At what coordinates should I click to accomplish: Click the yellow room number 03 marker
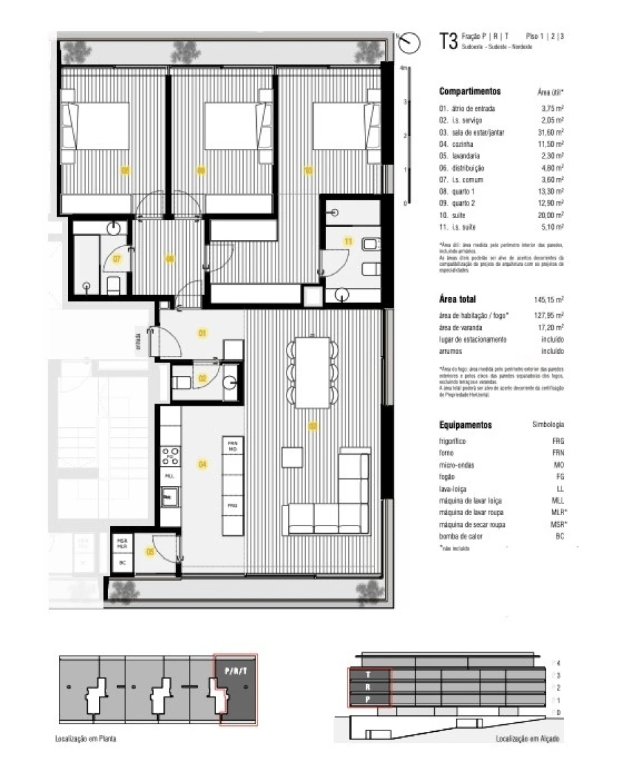pos(312,426)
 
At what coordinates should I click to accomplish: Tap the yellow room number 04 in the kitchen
pos(202,464)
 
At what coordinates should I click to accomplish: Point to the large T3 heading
pos(448,41)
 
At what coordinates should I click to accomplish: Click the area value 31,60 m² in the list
pos(552,132)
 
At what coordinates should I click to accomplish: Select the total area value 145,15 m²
pos(549,300)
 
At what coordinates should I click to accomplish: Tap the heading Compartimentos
pos(469,91)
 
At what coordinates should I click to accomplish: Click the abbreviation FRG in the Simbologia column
pos(559,440)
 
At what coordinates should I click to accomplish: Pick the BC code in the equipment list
pos(559,536)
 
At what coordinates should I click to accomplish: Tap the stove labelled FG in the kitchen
pos(170,456)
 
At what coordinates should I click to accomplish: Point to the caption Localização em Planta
pos(86,739)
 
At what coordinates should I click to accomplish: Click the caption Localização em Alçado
pos(528,739)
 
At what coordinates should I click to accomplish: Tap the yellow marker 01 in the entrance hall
pos(202,334)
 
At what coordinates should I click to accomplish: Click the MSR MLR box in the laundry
pos(122,544)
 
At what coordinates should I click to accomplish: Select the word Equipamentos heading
pos(465,424)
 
